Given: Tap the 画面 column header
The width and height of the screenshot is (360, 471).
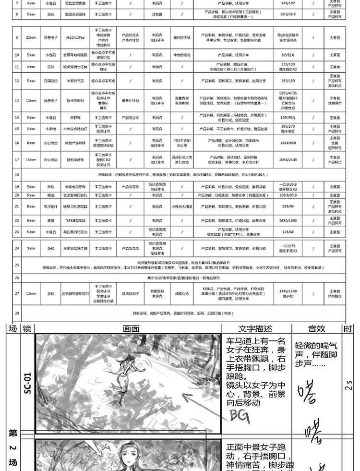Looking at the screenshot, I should pos(131,329).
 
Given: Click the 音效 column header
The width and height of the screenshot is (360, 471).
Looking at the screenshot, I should pos(316,329).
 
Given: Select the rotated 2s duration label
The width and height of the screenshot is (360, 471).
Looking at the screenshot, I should pos(348,385).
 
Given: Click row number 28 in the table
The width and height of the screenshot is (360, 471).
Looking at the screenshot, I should pos(17,313).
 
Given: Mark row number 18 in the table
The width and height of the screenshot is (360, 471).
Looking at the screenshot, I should pos(17,175).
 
